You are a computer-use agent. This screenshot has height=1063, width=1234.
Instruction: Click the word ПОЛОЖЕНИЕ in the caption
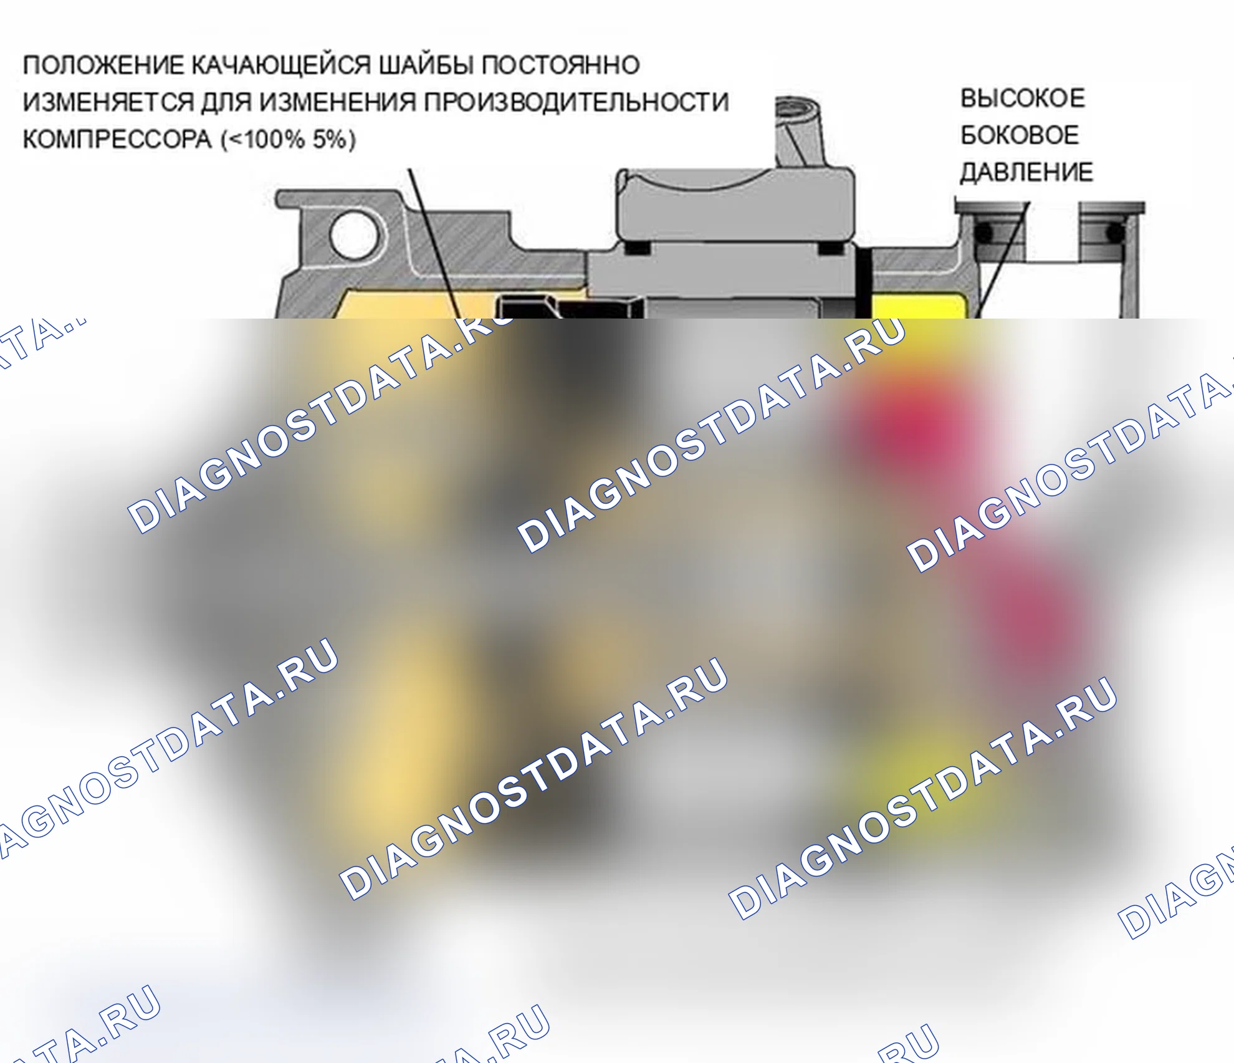point(103,65)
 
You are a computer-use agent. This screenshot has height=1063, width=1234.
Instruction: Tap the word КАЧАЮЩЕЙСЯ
point(282,65)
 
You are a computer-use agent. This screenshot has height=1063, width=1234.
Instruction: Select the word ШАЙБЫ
point(427,64)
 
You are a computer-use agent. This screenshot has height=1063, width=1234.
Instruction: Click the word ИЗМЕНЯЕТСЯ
point(108,102)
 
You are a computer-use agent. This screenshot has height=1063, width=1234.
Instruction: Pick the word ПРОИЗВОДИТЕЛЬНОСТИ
point(576,102)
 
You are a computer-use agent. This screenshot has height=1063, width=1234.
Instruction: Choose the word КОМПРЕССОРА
point(117,139)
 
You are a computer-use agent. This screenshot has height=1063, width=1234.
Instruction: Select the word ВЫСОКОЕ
point(1023,99)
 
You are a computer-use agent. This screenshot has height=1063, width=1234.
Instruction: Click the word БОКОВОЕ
point(1020,135)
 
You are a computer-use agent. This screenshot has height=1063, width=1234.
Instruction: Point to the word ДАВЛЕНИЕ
point(1026,172)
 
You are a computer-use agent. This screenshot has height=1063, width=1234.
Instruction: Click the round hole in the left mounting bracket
point(353,236)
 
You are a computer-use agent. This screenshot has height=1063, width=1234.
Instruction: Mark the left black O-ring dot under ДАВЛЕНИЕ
point(983,233)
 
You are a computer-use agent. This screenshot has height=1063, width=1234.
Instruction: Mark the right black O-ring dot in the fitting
point(1115,234)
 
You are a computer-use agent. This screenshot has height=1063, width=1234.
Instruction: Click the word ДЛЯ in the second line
point(226,102)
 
